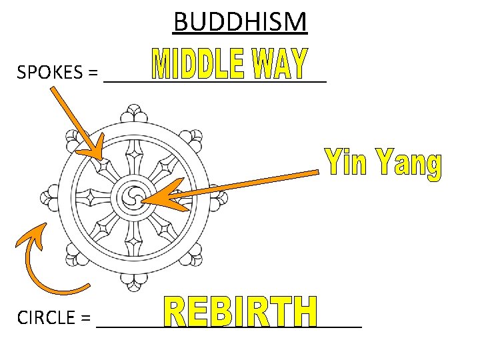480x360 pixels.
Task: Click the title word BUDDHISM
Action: [x=240, y=21]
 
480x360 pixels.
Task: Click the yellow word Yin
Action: [x=347, y=164]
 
